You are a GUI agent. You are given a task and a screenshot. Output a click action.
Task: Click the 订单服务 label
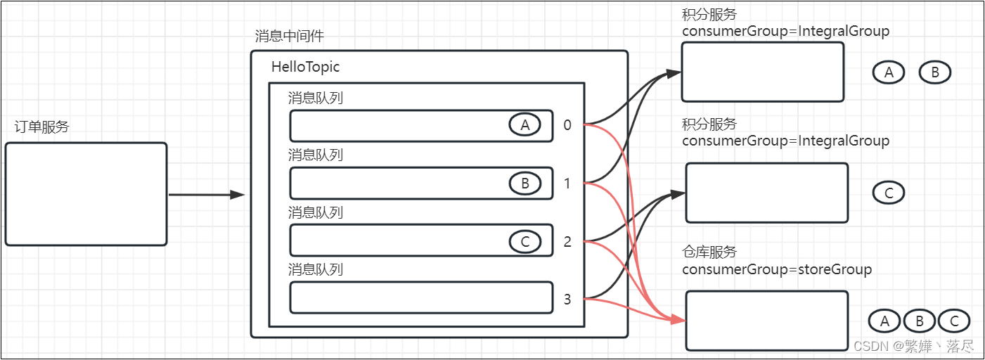point(42,127)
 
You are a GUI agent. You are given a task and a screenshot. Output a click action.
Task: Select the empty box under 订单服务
point(86,194)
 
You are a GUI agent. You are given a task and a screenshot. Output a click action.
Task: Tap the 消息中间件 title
point(290,37)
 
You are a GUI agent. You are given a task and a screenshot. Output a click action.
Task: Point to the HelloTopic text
point(305,67)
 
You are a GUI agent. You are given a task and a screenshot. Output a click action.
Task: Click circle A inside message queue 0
point(524,125)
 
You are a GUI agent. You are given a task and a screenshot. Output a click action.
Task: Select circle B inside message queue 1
point(525,184)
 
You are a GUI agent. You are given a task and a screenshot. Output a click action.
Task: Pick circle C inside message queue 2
point(525,242)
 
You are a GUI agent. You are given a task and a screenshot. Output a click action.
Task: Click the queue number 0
point(567,126)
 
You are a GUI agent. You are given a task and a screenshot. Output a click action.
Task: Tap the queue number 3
point(567,300)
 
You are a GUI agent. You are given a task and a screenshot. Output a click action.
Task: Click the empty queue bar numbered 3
point(421,297)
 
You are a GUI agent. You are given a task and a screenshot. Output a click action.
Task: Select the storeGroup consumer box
point(766,321)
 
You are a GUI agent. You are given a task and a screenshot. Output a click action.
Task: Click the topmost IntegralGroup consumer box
point(762,72)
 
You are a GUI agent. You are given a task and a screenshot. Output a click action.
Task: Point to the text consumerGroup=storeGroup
point(776,269)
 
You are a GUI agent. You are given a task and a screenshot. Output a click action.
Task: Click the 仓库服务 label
point(709,252)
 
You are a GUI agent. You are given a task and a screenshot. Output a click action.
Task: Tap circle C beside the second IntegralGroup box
point(889,193)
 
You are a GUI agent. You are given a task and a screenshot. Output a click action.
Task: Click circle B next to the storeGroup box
point(920,321)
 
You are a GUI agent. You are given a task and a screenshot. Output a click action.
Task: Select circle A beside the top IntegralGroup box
point(889,72)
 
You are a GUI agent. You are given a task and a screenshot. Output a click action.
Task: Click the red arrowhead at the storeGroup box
point(678,320)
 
